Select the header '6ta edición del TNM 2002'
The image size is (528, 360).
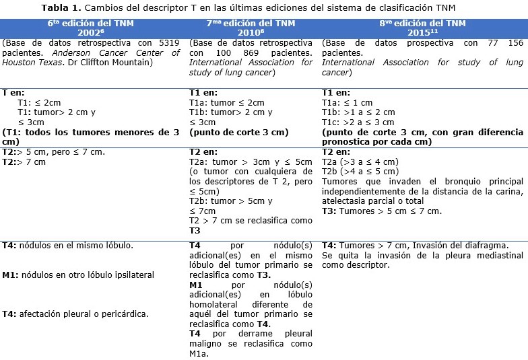pos(92,28)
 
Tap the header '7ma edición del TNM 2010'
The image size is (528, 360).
pos(251,28)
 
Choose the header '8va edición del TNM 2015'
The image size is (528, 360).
pos(422,28)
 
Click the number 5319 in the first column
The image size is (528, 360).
pos(164,43)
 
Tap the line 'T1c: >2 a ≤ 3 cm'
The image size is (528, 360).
pos(358,122)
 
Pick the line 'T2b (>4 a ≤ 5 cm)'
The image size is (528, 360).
pos(360,172)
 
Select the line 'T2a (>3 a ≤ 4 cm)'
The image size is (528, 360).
pos(360,161)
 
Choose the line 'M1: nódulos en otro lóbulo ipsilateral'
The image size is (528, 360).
pos(78,275)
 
